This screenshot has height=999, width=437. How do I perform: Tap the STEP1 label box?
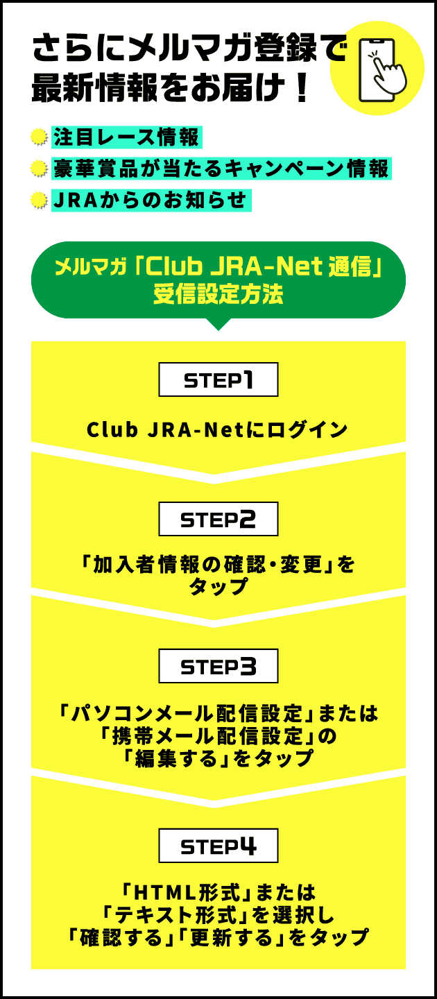click(218, 379)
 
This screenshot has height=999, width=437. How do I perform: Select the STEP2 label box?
click(218, 519)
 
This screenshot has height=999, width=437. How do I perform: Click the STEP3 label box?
click(218, 666)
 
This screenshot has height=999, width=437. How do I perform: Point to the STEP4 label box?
click(218, 846)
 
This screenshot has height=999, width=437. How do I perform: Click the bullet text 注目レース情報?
click(126, 137)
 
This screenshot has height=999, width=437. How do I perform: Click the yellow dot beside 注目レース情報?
click(40, 138)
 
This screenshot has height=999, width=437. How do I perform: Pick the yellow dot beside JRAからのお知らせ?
click(40, 201)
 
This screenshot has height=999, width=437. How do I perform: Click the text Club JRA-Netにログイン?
click(217, 430)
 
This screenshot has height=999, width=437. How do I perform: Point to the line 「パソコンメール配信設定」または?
click(218, 712)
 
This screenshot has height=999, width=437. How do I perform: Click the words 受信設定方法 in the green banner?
click(218, 294)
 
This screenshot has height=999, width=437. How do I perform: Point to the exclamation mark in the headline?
click(300, 89)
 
